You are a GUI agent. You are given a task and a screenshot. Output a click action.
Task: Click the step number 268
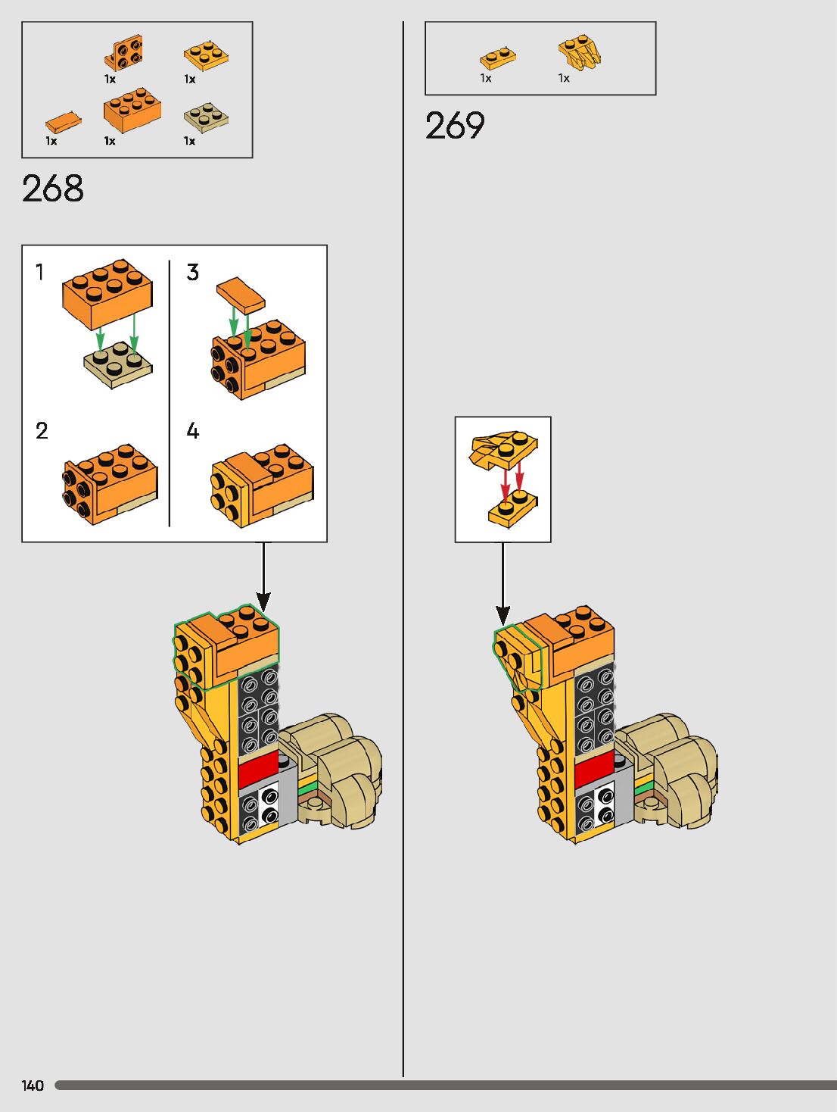coord(53,188)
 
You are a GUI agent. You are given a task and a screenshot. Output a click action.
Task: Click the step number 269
coord(455,126)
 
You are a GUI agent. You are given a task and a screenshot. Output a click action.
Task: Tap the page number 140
coord(33,1085)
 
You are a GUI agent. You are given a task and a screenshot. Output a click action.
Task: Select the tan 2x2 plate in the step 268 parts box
coord(206,116)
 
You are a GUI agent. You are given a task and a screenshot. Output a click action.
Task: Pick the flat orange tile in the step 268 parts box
coord(63,121)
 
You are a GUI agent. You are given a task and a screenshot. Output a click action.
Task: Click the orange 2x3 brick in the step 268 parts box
coord(132,111)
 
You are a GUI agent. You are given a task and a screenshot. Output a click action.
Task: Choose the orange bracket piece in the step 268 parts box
coord(124,53)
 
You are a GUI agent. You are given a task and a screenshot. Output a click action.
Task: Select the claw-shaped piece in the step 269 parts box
coord(580,52)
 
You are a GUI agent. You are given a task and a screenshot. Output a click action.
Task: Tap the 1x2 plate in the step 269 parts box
coord(498,57)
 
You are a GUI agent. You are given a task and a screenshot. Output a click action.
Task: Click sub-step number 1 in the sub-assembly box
coord(40,272)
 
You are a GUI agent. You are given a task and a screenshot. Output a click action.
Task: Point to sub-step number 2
coord(42,431)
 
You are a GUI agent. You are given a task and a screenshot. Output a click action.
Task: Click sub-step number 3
coord(193,272)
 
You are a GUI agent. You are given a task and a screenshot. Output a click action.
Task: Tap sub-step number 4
coord(193,431)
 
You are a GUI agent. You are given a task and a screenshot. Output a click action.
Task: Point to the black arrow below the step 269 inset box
coord(503,583)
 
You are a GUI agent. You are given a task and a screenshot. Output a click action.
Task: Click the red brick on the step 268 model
coord(257,770)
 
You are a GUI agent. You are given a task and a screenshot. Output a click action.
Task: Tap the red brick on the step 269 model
coord(594,772)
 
